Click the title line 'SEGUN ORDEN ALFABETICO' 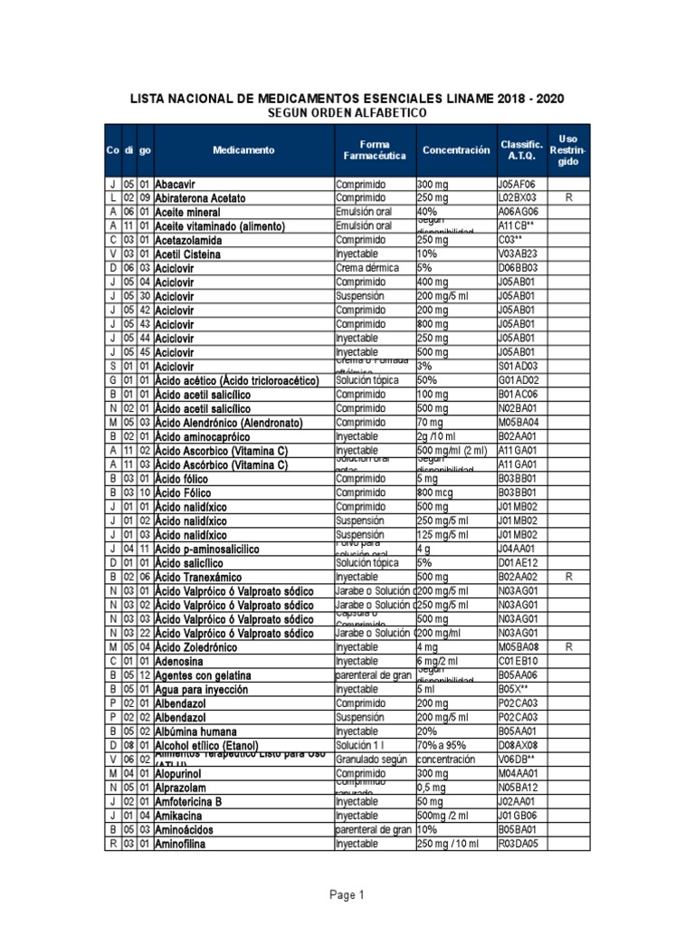(x=347, y=112)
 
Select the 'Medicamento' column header (x=243, y=150)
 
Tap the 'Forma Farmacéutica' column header (x=374, y=150)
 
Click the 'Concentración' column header (x=454, y=150)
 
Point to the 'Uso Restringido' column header (x=568, y=150)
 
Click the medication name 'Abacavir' (x=176, y=184)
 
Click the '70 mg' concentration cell (x=433, y=422)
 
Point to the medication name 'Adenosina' (x=181, y=662)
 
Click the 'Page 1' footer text (x=347, y=895)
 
